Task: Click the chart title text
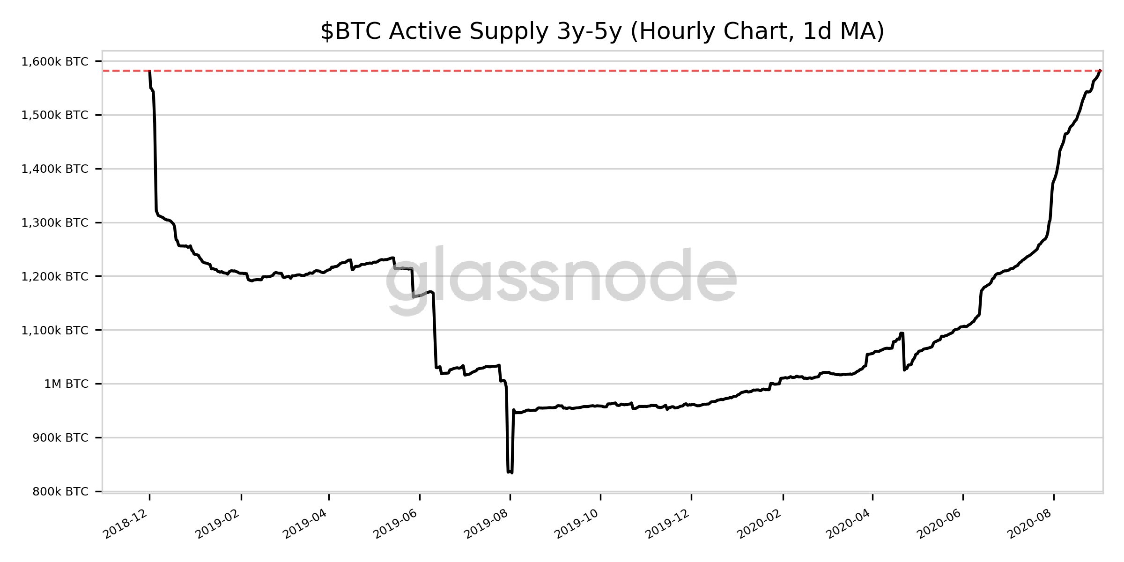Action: tap(602, 32)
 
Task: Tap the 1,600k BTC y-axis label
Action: tap(55, 62)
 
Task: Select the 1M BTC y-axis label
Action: tap(66, 384)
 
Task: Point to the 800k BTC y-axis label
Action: tap(60, 492)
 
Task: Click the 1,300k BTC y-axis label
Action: tap(55, 223)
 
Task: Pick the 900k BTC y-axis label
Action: tap(60, 438)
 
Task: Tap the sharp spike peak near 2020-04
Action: tap(902, 333)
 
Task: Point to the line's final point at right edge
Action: tap(1101, 71)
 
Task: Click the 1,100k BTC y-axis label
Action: tap(55, 331)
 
